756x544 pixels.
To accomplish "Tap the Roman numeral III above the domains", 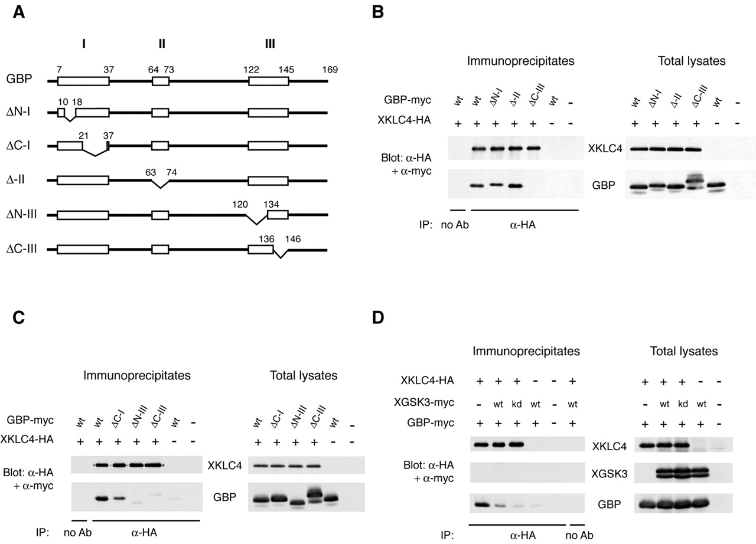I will [269, 44].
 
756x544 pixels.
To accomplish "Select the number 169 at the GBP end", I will [329, 70].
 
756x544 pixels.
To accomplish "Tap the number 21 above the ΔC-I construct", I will [83, 136].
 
